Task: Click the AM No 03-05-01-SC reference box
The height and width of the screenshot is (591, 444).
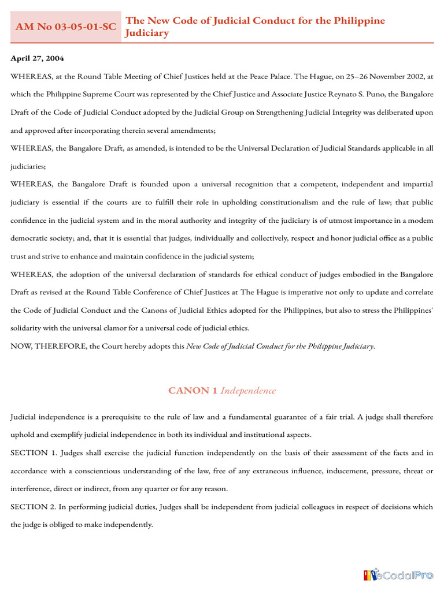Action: pos(65,27)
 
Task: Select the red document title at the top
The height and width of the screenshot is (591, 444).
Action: pos(254,27)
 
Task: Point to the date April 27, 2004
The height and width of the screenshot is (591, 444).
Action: pos(38,58)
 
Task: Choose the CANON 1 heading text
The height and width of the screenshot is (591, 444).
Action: pos(193,391)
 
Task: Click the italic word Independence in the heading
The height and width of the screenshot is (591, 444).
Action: pos(248,391)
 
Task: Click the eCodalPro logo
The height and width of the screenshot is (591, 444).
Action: pos(398,575)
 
